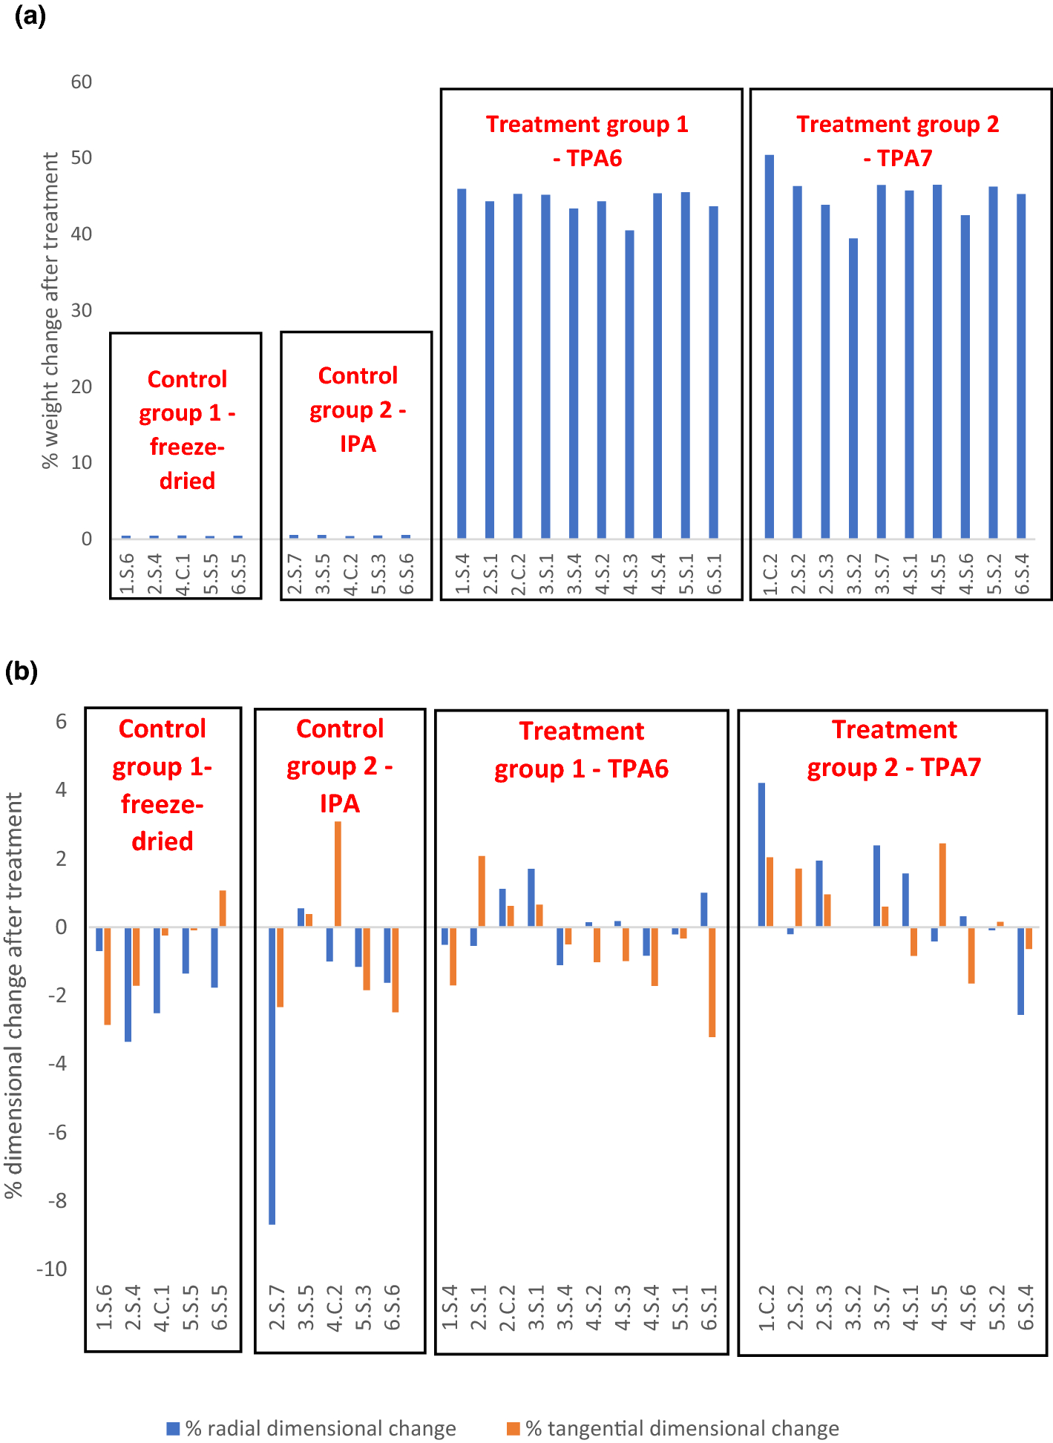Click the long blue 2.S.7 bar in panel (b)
pyautogui.click(x=272, y=1075)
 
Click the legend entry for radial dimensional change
pyautogui.click(x=319, y=1428)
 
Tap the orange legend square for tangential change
pyautogui.click(x=513, y=1428)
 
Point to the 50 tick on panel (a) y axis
pyautogui.click(x=82, y=158)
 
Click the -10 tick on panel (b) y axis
pyautogui.click(x=52, y=1269)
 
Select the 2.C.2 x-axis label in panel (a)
pyautogui.click(x=518, y=574)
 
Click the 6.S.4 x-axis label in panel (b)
pyautogui.click(x=1025, y=1308)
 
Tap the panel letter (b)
pyautogui.click(x=22, y=671)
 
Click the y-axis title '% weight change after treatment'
pyautogui.click(x=50, y=310)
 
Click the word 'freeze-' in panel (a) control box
pyautogui.click(x=187, y=447)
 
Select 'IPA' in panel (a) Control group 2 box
pyautogui.click(x=358, y=444)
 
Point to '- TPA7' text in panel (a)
pyautogui.click(x=898, y=158)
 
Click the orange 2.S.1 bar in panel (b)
pyautogui.click(x=482, y=891)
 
